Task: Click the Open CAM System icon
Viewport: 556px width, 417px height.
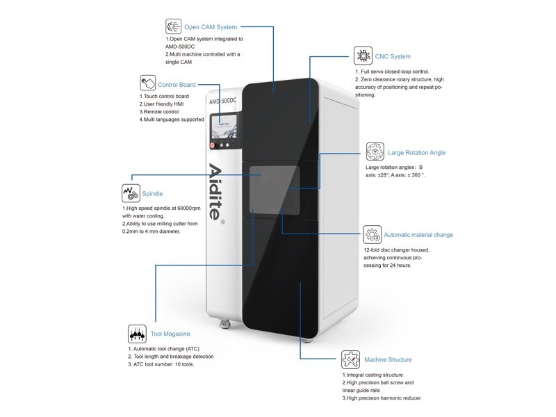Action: [173, 26]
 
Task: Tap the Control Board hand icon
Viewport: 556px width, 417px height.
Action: [148, 83]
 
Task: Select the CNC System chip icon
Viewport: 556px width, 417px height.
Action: [363, 56]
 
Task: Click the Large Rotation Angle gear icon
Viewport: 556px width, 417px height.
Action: [375, 152]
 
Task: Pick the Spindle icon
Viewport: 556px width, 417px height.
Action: [131, 193]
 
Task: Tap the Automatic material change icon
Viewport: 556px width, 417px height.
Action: [373, 235]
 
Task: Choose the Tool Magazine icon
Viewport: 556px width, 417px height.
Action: [137, 334]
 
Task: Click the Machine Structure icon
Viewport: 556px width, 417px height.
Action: [350, 359]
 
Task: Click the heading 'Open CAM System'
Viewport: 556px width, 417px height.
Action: [211, 27]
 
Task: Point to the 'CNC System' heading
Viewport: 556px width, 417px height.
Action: [393, 56]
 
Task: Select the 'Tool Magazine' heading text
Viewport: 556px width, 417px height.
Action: [170, 334]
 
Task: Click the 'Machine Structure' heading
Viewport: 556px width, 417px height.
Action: [388, 359]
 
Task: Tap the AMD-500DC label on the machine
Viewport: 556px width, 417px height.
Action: [222, 101]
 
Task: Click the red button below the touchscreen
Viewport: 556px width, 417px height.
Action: [213, 145]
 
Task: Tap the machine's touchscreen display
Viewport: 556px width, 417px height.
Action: [224, 126]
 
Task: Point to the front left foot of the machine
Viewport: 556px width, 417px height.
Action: [224, 323]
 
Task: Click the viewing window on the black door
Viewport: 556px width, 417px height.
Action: [274, 190]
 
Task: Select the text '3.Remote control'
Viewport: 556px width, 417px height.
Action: [159, 112]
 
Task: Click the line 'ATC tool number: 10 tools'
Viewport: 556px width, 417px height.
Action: [161, 364]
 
